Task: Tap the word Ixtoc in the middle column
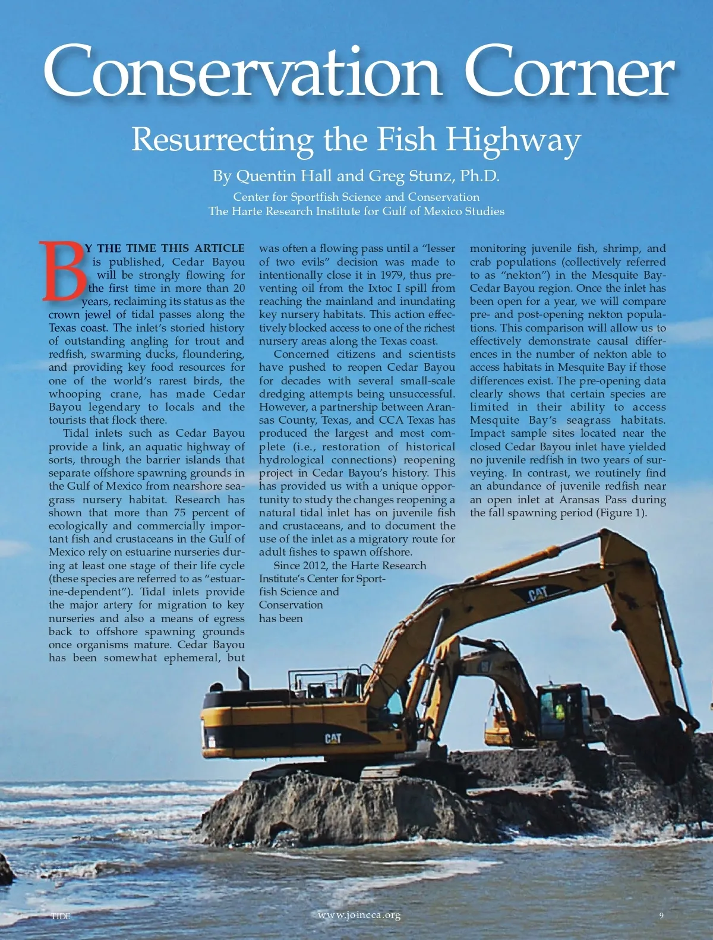380,288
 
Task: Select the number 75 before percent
180,513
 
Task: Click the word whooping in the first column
75,394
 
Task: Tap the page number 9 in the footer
661,915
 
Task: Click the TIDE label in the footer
60,916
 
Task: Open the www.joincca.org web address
359,915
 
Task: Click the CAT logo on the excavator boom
538,594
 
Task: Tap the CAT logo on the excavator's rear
333,739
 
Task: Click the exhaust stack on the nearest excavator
242,677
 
